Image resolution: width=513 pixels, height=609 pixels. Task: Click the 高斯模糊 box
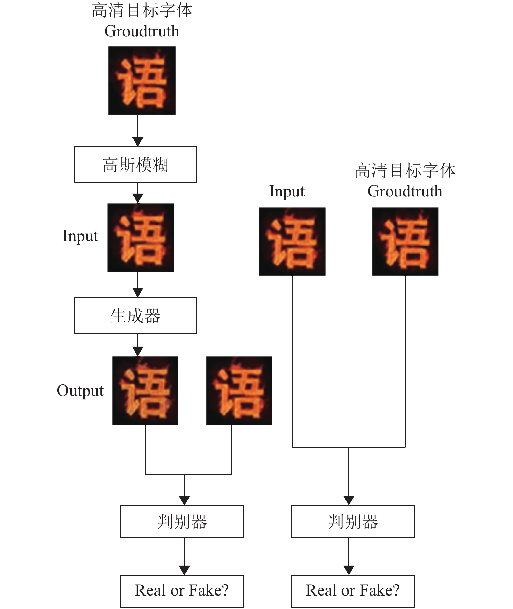(x=135, y=165)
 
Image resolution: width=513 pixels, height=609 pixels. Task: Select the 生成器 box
(x=135, y=315)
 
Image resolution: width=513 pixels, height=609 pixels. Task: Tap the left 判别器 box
(x=182, y=521)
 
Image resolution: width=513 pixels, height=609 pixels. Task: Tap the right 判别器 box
(x=353, y=521)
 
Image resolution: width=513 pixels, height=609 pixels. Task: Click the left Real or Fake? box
(x=182, y=591)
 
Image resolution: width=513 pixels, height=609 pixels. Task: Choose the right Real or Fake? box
(x=353, y=591)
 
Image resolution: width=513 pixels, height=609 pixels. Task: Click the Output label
(x=80, y=391)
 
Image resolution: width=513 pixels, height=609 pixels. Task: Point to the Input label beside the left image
(x=80, y=236)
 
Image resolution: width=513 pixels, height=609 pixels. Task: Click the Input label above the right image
(x=287, y=191)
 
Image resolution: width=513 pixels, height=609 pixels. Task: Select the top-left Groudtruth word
(x=142, y=31)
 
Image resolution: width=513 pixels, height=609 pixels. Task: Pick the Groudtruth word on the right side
(x=405, y=191)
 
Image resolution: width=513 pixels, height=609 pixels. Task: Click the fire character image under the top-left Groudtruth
(x=142, y=80)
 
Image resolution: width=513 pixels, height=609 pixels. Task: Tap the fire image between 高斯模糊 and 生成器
(x=141, y=238)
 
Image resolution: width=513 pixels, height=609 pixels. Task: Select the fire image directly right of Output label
(x=145, y=390)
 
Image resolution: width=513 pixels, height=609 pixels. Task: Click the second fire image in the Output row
(x=239, y=390)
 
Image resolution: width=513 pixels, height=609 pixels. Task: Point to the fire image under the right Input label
(x=292, y=241)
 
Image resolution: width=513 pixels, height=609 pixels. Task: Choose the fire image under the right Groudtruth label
(x=405, y=241)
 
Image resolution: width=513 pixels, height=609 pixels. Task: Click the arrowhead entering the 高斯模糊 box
(x=138, y=142)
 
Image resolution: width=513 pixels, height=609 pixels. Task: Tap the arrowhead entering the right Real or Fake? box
(x=349, y=571)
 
